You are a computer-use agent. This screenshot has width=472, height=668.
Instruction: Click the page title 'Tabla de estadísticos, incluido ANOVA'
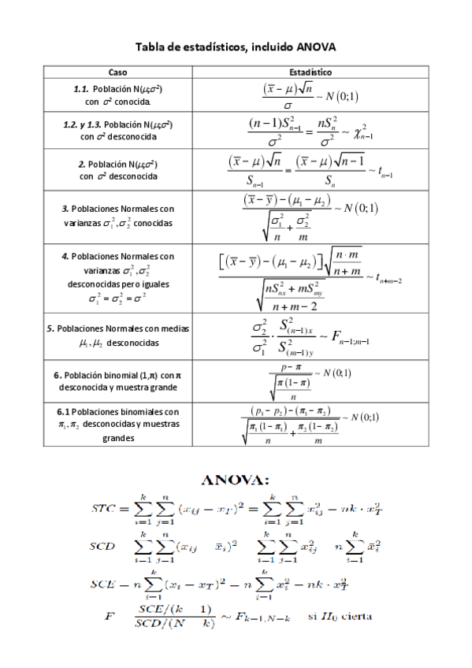pyautogui.click(x=236, y=47)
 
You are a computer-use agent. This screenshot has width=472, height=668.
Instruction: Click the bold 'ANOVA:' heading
pyautogui.click(x=236, y=479)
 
